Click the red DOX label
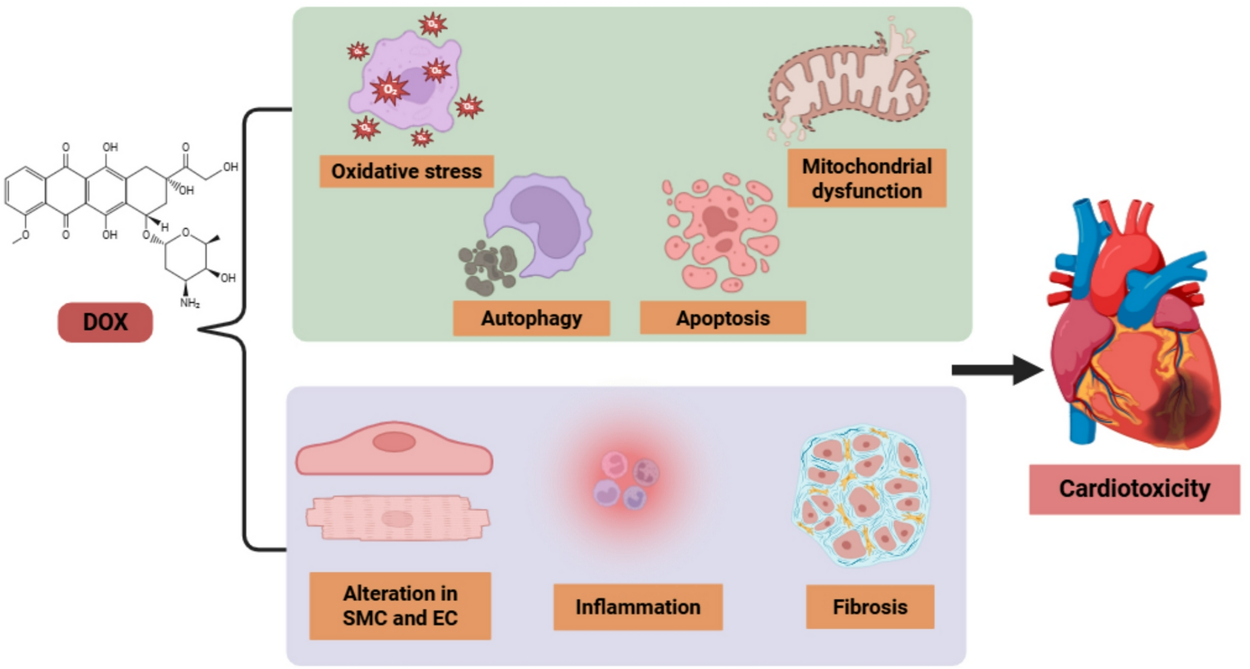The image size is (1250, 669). click(105, 322)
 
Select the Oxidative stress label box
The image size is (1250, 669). click(406, 171)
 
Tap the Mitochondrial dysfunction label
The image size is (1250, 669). click(866, 178)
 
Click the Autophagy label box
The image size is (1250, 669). click(531, 318)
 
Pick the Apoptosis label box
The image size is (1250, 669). click(722, 318)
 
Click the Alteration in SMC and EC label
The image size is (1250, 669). click(399, 605)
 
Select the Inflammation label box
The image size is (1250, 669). click(638, 606)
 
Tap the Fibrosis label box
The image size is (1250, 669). click(869, 606)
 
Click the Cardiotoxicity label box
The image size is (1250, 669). click(1134, 489)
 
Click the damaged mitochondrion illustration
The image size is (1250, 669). click(848, 85)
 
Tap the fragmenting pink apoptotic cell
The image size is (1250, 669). click(720, 231)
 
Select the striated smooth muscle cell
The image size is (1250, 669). click(398, 518)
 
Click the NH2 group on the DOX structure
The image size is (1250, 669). click(190, 303)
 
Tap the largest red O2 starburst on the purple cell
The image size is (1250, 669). click(389, 90)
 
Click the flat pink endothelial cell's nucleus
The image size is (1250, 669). click(394, 442)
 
